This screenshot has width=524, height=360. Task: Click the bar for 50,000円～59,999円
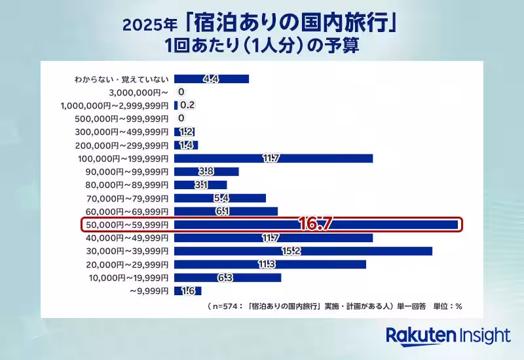[x=316, y=225]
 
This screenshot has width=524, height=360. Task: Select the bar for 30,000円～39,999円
[x=303, y=251]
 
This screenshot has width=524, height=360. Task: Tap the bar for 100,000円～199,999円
[x=273, y=158]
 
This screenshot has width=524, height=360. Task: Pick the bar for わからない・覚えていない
[x=212, y=79]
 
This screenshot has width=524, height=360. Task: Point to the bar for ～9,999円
[x=188, y=291]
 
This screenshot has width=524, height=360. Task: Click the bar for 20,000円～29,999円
[x=270, y=264]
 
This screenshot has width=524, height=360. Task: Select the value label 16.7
[x=316, y=224]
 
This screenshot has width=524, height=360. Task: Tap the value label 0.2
[x=187, y=105]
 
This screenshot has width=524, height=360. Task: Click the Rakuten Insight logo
[x=447, y=336]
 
